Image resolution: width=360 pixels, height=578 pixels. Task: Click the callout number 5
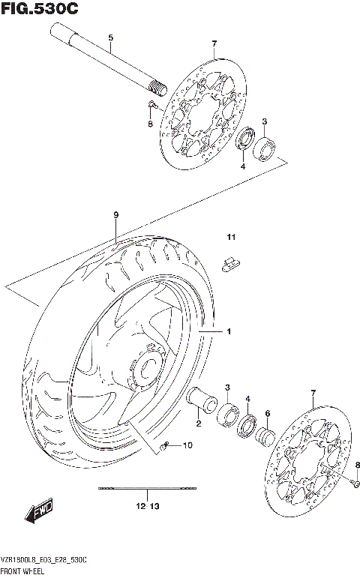(x=110, y=37)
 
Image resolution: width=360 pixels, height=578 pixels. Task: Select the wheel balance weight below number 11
(x=232, y=262)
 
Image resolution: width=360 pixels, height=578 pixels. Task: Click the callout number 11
(x=232, y=238)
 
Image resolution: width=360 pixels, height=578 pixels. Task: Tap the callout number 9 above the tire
(x=116, y=215)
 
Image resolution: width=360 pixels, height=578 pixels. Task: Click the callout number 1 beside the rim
(x=230, y=331)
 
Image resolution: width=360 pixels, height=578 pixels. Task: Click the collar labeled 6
(x=266, y=436)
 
